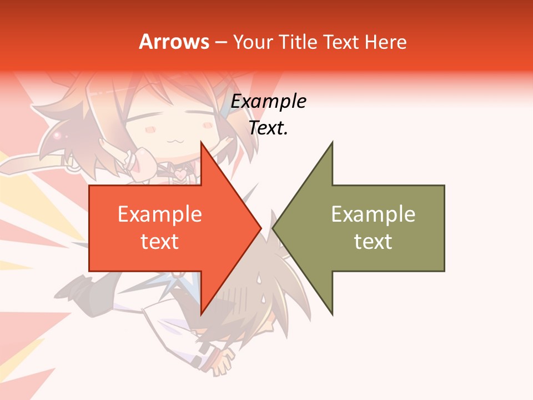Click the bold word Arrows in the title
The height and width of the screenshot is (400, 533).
click(x=174, y=42)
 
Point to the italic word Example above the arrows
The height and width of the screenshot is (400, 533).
click(x=269, y=102)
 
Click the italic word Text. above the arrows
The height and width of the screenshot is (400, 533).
click(x=269, y=128)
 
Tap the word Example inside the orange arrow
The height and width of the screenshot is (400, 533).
click(x=160, y=214)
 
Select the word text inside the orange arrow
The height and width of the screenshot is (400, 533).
click(x=160, y=242)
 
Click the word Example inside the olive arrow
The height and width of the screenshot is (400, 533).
click(x=373, y=214)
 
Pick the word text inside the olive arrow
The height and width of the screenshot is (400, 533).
click(x=373, y=242)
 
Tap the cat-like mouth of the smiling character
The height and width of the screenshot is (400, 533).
click(x=178, y=141)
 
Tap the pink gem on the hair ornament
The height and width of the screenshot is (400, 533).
click(x=57, y=135)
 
